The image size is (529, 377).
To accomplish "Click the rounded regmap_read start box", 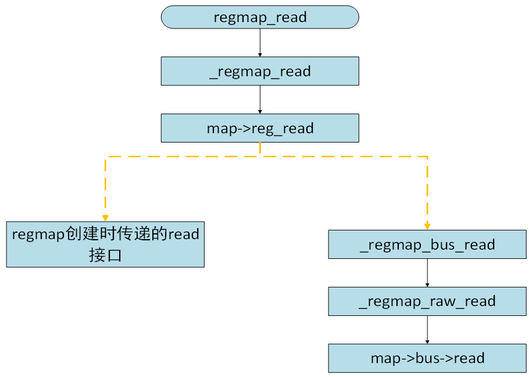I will click(260, 17).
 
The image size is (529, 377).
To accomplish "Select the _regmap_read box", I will click(260, 72).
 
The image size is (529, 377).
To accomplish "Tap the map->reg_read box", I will click(260, 128).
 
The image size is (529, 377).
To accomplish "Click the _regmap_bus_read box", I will click(427, 244).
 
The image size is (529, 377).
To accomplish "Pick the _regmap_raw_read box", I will click(427, 301).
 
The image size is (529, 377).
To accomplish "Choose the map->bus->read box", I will click(427, 358).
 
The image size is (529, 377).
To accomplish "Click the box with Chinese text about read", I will click(105, 244).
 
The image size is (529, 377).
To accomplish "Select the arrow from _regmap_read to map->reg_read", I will click(260, 99).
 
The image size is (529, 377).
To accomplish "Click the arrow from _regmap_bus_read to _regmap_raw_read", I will click(427, 273).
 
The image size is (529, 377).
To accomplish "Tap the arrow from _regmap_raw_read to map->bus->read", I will click(427, 330).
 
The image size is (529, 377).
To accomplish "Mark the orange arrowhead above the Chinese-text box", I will click(105, 218).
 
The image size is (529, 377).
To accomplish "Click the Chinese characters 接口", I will click(105, 255).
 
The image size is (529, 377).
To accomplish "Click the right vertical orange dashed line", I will click(427, 189).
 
